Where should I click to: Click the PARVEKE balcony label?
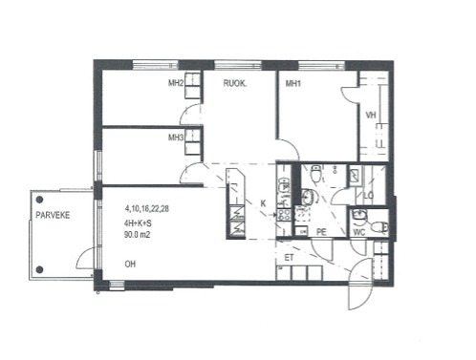pos(53,215)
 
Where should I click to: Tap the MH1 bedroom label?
pos(293,84)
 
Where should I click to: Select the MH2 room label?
pos(176,83)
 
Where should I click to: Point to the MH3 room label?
pos(176,138)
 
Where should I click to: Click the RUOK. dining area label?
pos(235,83)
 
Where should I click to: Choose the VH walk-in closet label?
pos(371,115)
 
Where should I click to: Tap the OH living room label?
pos(130,264)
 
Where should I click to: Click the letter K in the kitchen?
pos(263,203)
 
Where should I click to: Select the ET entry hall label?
pos(289,258)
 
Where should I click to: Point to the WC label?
pos(359,232)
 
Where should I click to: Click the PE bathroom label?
pos(321,232)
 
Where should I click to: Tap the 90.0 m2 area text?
pos(138,235)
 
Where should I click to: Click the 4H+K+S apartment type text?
pos(138,223)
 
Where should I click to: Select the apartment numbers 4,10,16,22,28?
pos(147,209)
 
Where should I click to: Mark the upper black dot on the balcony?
pos(39,200)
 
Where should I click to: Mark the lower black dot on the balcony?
pos(39,269)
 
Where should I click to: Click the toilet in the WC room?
pos(379,226)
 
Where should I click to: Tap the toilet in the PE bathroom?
pos(315,174)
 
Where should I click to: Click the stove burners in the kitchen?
pos(284,215)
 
